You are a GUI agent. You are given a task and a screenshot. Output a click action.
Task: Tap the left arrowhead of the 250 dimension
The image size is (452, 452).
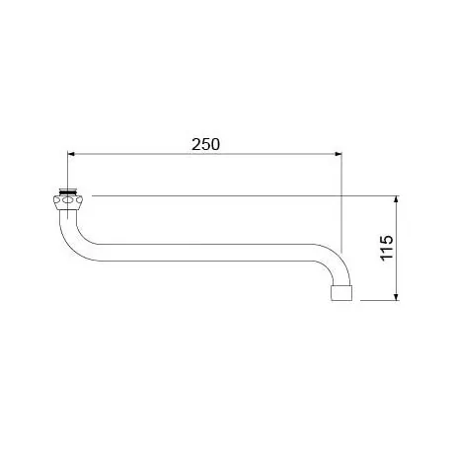pos(70,154)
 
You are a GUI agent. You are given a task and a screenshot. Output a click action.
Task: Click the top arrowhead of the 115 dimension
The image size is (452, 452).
pos(397,199)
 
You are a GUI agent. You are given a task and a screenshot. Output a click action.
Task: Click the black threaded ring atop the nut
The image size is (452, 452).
pos(68,188)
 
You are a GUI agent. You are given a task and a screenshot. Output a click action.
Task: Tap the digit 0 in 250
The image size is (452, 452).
pos(215,142)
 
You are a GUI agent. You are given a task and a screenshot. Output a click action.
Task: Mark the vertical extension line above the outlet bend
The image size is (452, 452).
pos(340,207)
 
